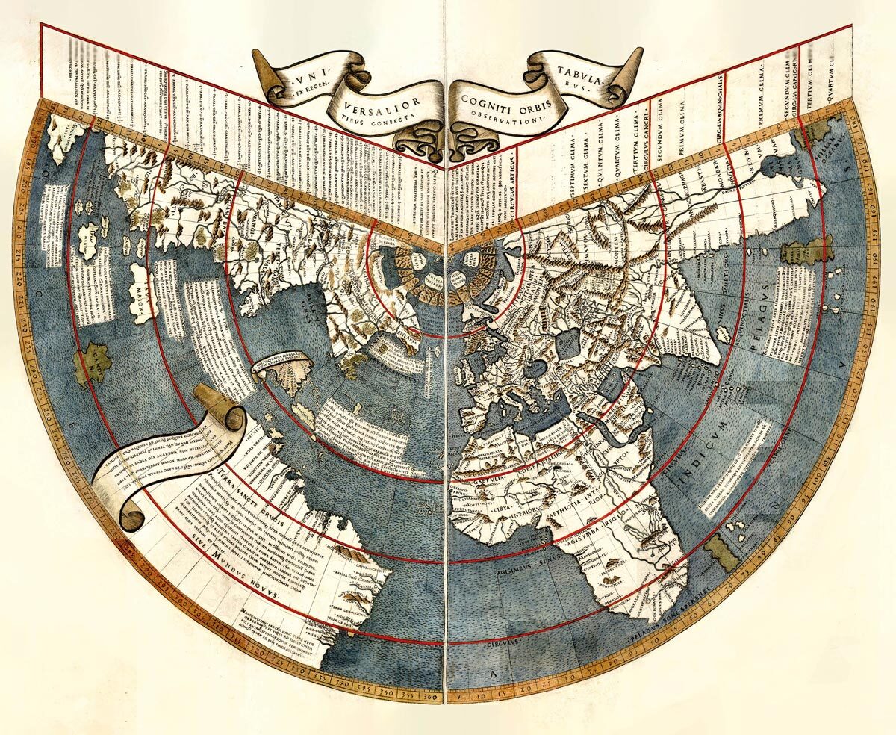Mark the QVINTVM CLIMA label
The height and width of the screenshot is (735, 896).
click(x=597, y=160)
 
